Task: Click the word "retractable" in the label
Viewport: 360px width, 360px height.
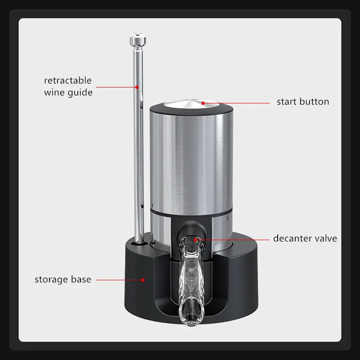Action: (x=68, y=81)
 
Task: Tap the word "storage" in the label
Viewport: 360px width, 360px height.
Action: (x=51, y=279)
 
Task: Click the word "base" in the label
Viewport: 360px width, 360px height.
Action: (x=81, y=279)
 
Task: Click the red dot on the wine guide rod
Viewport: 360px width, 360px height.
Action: (x=137, y=87)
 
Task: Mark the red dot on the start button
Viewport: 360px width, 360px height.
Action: (x=203, y=103)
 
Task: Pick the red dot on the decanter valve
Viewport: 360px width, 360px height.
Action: (x=195, y=240)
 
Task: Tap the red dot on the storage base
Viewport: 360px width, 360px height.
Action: (x=143, y=280)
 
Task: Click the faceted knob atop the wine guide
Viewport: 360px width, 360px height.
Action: (x=138, y=39)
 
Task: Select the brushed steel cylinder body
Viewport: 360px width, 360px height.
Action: (x=191, y=161)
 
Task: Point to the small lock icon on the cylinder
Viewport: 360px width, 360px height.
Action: (x=227, y=218)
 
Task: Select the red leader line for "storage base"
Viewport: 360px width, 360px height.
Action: (x=119, y=280)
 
